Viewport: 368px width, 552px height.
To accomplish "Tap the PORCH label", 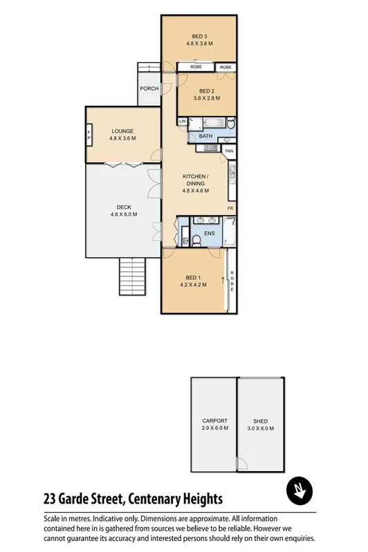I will [x=149, y=88].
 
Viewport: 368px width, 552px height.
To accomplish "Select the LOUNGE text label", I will [x=122, y=131].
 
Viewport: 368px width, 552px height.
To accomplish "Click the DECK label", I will [x=124, y=207].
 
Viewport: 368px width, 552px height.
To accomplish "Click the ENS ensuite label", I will [x=209, y=234].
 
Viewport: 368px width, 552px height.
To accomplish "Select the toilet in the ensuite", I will [x=196, y=239].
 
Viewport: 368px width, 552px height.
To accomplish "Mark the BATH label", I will [x=205, y=136].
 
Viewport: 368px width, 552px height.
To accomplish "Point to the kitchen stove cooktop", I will [x=210, y=146].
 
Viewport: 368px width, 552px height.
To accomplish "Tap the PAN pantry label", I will [x=228, y=151].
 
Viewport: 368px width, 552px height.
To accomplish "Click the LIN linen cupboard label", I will [x=183, y=122].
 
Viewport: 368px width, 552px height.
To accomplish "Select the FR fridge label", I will [x=230, y=207].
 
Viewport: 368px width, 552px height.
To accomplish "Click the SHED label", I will [x=260, y=421].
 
